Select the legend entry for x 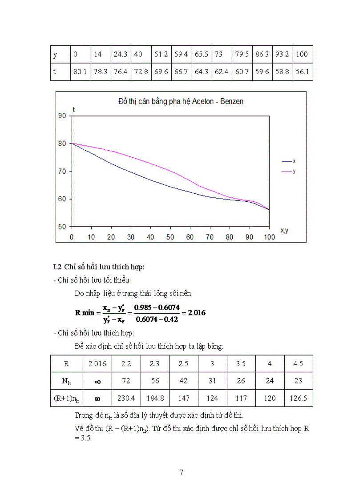(x=294, y=161)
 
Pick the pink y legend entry (x=294, y=171)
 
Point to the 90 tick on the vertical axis (x=61, y=116)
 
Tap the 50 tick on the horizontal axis (x=170, y=237)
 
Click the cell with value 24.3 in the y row (x=121, y=55)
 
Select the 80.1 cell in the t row (x=80, y=72)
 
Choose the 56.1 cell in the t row (x=302, y=72)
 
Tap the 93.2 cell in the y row (x=282, y=55)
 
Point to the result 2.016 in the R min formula (x=197, y=312)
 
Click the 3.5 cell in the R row (x=241, y=363)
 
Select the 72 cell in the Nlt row (x=126, y=381)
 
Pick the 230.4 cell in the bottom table (x=126, y=398)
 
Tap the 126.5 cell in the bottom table (x=298, y=398)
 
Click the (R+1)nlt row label (x=66, y=399)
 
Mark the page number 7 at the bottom (x=181, y=472)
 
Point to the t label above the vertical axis (x=74, y=109)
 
